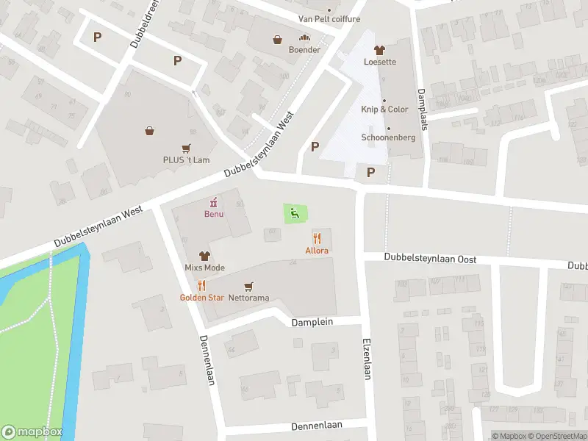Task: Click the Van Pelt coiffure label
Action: [x=329, y=19]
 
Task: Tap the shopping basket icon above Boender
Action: [x=278, y=40]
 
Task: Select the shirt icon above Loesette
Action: [x=379, y=51]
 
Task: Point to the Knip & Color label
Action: [x=384, y=110]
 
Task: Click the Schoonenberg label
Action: [x=388, y=137]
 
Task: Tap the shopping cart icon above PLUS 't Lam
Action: [x=187, y=148]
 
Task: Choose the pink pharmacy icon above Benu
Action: [x=214, y=201]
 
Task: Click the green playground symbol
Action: [x=295, y=214]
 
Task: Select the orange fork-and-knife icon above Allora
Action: [x=318, y=238]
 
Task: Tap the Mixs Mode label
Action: [x=204, y=268]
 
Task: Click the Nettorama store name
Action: [x=248, y=298]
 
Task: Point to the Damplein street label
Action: [x=312, y=323]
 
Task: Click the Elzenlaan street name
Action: [x=366, y=359]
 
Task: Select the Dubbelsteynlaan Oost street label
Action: [x=431, y=259]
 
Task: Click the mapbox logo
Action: [x=32, y=432]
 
